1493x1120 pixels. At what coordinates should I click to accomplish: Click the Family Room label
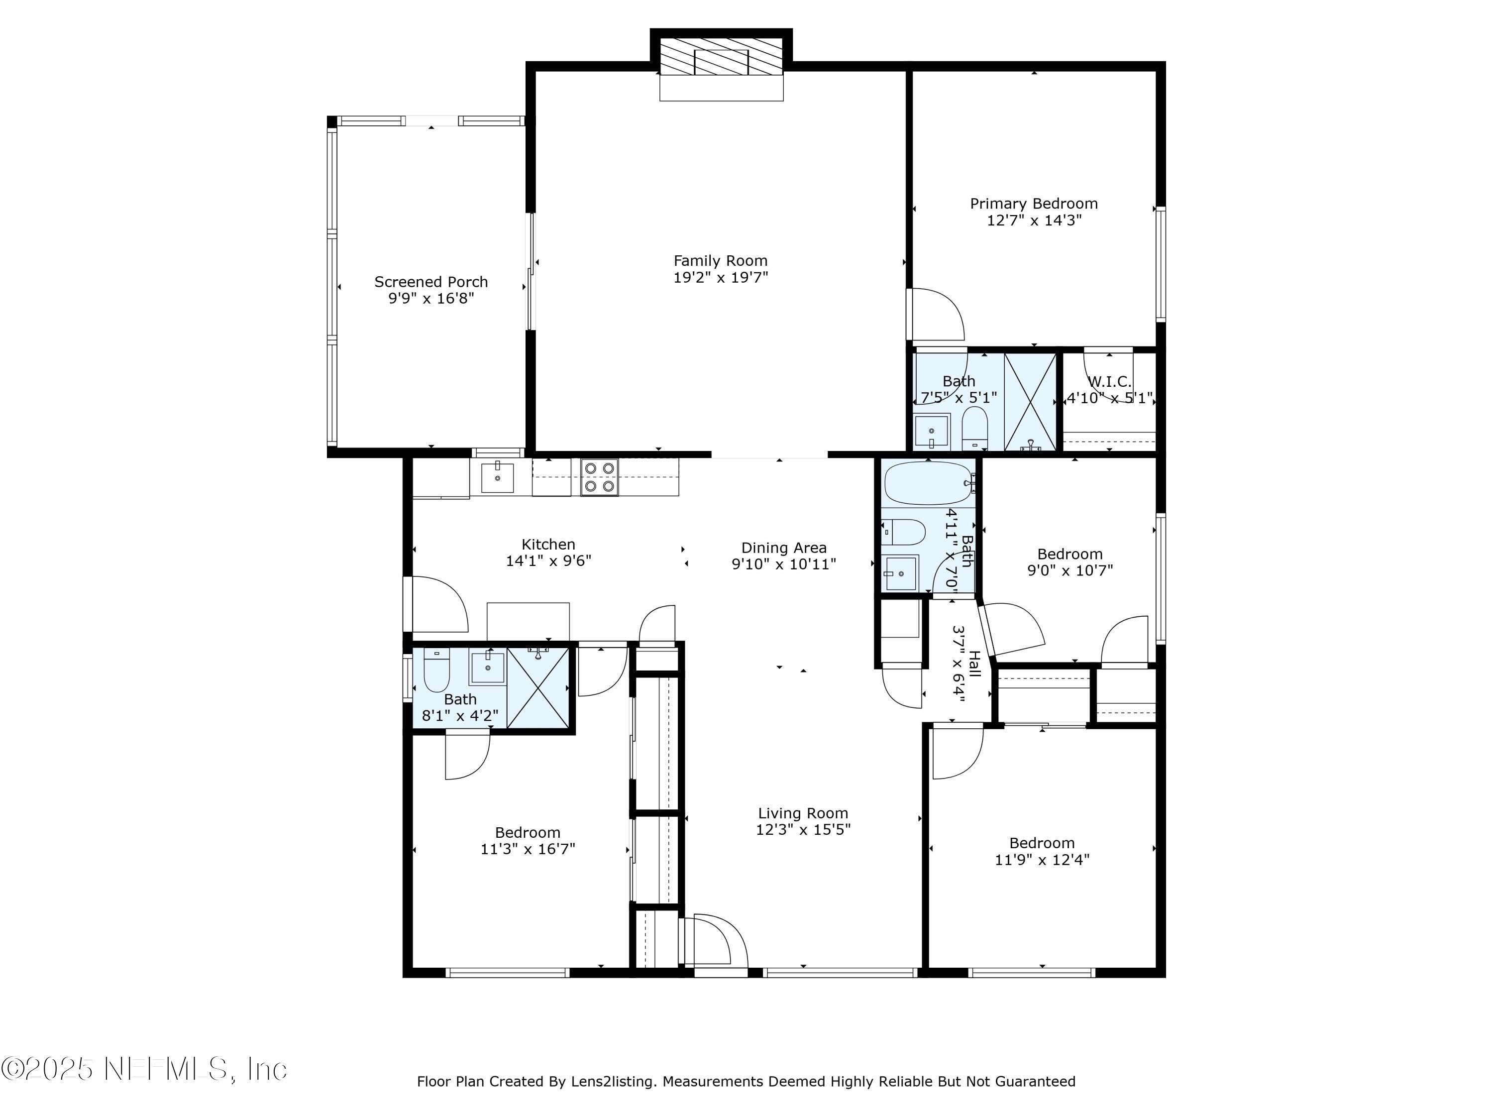tap(720, 261)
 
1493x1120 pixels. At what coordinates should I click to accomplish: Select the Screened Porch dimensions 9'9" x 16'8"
tap(430, 298)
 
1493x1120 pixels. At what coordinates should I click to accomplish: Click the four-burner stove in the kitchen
tap(599, 477)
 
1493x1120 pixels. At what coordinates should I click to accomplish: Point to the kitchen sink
tap(498, 477)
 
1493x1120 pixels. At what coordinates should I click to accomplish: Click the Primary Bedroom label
tap(1033, 203)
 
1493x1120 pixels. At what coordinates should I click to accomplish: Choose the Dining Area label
tap(784, 548)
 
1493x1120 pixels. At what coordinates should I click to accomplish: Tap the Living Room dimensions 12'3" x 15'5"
tap(803, 830)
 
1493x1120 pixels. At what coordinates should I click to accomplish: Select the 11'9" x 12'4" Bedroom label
tap(1042, 843)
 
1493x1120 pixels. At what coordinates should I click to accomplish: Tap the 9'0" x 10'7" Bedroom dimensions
tap(1070, 570)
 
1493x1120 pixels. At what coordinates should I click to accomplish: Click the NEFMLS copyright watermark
tap(145, 1069)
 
